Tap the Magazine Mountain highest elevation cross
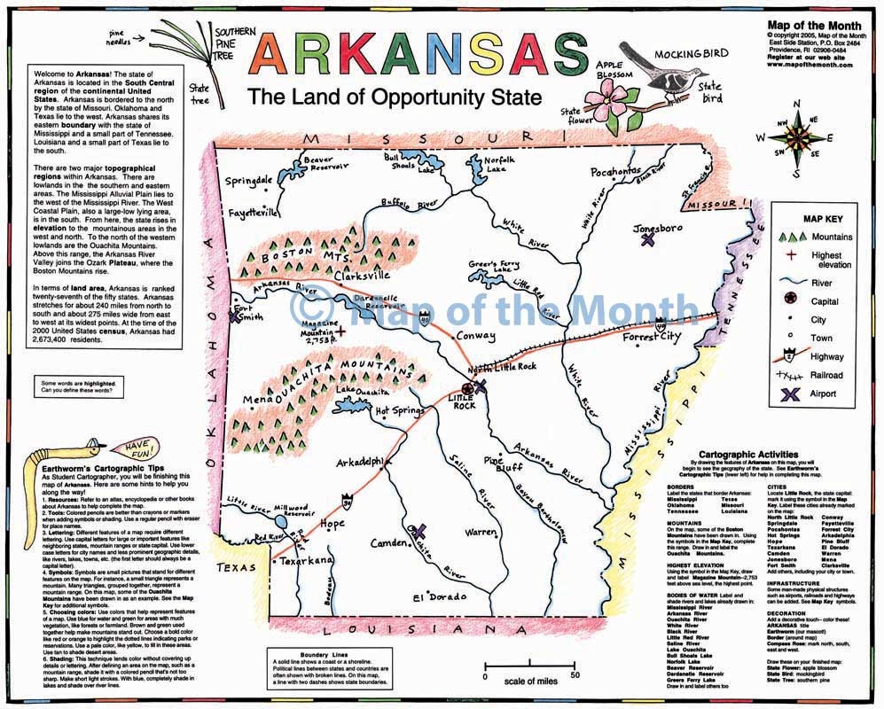(341, 329)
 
